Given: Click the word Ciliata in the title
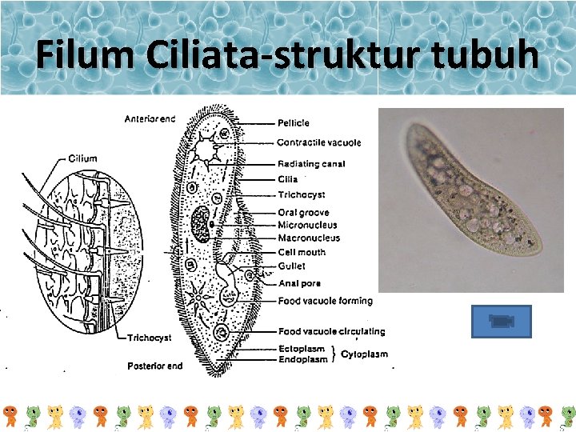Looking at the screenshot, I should point(185,55).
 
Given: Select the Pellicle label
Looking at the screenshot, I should point(294,123).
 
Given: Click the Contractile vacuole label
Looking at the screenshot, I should point(318,142).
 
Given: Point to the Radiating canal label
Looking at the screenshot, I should point(311,164).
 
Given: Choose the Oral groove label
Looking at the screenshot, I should point(303,213).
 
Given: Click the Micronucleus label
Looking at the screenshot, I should point(307,226).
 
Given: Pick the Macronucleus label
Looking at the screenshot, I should point(309,238).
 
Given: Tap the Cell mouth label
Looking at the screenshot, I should point(302,252).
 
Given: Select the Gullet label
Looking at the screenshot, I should point(291,266).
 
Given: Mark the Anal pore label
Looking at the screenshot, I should point(300,283).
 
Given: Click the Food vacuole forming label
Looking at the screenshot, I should point(325,301).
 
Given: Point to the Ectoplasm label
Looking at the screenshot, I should point(302,349).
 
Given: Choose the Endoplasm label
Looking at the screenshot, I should point(302,359).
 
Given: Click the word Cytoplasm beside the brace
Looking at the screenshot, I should point(365,354).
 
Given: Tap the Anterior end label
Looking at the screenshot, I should point(150,119).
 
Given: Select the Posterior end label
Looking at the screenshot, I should point(154,366).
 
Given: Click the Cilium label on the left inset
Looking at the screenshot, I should point(82,158).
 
